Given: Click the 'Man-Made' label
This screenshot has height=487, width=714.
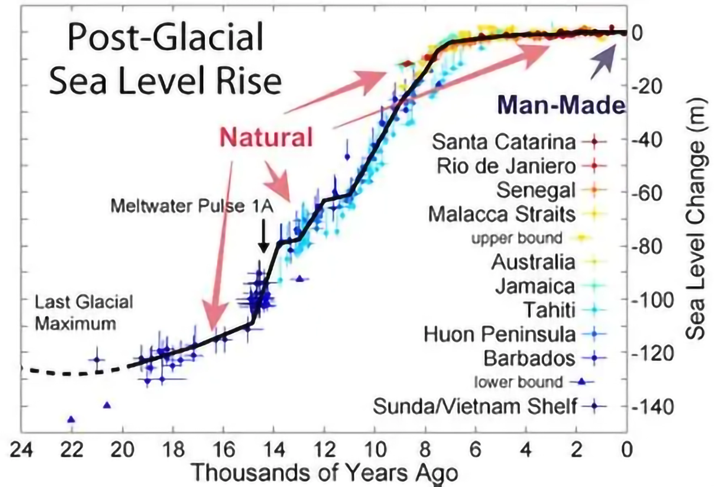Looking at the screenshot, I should click(561, 105).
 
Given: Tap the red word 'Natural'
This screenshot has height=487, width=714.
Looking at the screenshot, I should click(266, 137).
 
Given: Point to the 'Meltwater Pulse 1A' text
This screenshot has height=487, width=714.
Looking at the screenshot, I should click(192, 206).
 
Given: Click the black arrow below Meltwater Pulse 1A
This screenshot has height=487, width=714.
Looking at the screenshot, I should click(264, 236).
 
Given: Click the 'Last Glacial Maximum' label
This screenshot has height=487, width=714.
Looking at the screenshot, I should click(84, 313).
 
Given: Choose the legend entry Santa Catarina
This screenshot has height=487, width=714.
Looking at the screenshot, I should click(504, 142).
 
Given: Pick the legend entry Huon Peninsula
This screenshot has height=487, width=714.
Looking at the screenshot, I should click(499, 334).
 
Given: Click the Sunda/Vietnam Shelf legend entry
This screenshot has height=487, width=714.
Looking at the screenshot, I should click(475, 406).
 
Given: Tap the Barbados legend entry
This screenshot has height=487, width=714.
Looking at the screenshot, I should click(529, 358).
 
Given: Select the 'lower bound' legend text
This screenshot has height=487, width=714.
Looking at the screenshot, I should click(518, 382).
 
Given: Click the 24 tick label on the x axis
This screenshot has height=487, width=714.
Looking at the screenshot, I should click(21, 450).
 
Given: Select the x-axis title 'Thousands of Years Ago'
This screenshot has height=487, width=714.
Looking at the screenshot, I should click(324, 473).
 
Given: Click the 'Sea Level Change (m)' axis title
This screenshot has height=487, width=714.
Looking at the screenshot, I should click(696, 219).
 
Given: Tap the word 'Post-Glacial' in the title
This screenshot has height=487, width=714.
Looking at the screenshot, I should click(165, 37).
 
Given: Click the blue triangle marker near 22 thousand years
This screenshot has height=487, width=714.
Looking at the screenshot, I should click(71, 419).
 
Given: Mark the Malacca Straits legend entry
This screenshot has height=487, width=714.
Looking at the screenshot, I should click(501, 214).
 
